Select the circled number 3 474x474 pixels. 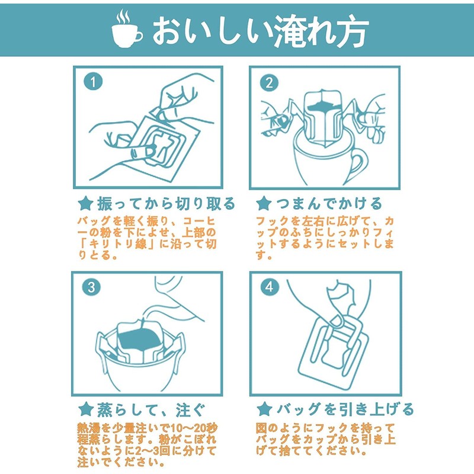91,288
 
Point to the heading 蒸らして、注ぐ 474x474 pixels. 151,409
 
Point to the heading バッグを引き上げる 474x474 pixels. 344,409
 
